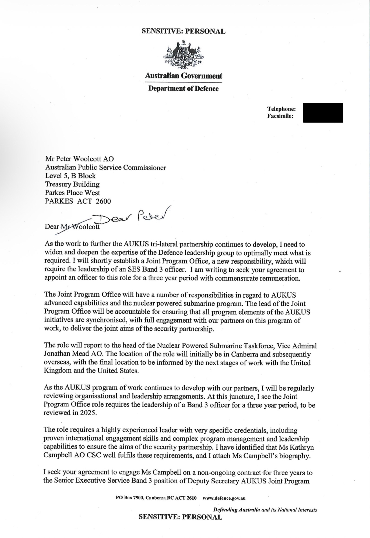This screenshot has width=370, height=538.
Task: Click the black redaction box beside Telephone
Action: (323, 113)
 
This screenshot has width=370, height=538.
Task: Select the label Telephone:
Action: (281, 109)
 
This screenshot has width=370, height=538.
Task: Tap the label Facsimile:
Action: (280, 116)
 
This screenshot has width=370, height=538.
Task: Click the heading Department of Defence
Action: (184, 89)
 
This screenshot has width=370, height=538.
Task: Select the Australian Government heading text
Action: (184, 76)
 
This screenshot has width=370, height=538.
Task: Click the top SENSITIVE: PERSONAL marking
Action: (184, 31)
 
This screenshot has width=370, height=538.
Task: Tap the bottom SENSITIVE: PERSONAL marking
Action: (180, 517)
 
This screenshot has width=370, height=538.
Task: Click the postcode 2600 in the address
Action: (103, 201)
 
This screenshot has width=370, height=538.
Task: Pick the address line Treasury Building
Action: (72, 184)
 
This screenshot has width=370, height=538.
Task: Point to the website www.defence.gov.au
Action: (224, 498)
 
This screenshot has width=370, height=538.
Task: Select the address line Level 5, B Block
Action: (70, 176)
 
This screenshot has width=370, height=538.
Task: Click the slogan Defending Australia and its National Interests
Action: (265, 509)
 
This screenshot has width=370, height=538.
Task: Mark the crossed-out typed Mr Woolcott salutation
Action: (80, 226)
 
